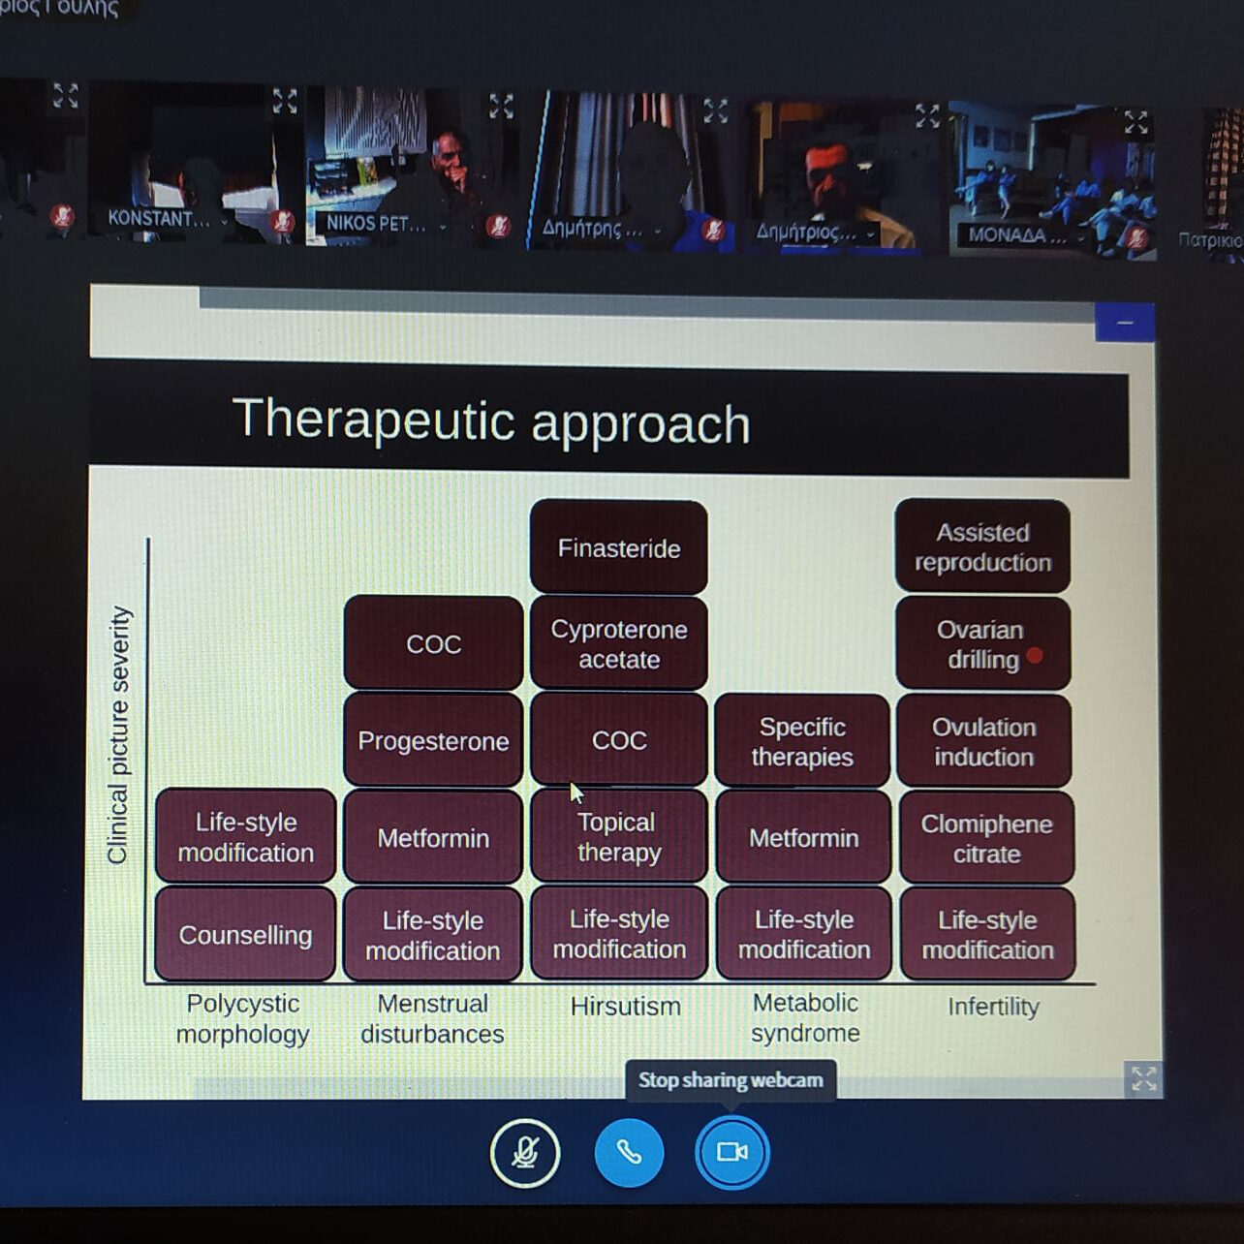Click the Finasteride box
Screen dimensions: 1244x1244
point(618,547)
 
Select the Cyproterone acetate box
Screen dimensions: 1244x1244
point(618,643)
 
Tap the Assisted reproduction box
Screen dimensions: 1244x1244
point(982,546)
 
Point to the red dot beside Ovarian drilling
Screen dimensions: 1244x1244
point(1035,656)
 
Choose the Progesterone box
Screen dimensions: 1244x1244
point(433,740)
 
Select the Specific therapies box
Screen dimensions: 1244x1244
point(802,741)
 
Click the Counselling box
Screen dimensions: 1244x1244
point(245,935)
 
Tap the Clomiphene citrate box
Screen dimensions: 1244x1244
point(986,838)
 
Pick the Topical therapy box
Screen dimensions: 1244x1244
point(618,837)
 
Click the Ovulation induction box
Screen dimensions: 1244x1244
point(983,741)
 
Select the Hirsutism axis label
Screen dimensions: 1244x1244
point(625,1006)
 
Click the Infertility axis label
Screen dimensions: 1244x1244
point(993,1006)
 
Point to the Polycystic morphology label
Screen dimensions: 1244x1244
point(242,1018)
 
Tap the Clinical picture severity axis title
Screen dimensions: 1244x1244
point(118,734)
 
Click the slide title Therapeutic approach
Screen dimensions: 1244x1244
point(491,421)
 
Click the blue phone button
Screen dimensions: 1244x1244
point(629,1152)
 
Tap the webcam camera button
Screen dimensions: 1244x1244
point(731,1152)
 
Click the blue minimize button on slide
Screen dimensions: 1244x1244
point(1124,323)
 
